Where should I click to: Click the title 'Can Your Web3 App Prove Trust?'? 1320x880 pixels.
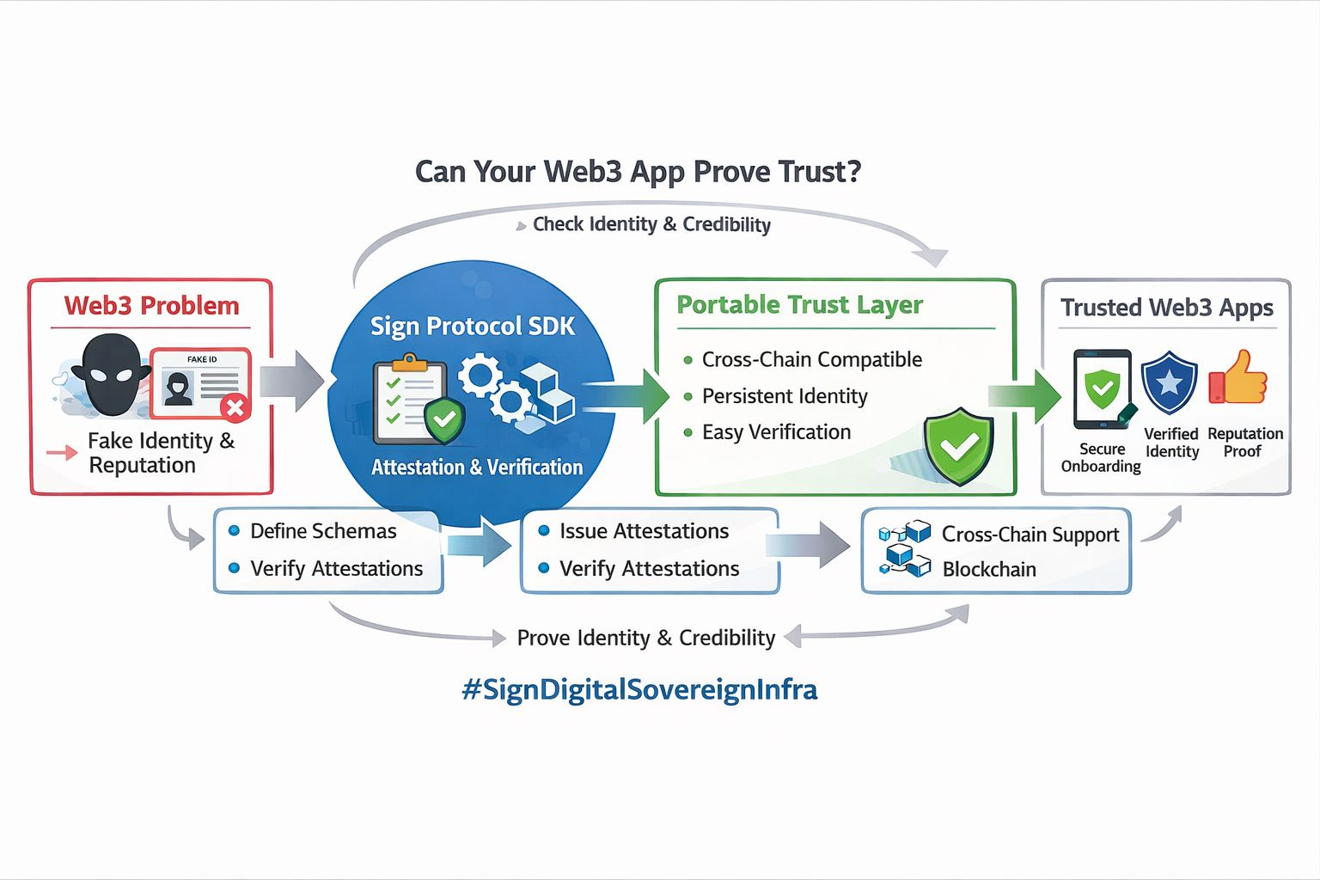pyautogui.click(x=638, y=172)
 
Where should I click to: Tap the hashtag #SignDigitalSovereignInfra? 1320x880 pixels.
pyautogui.click(x=639, y=689)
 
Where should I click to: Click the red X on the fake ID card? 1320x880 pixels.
pyautogui.click(x=235, y=406)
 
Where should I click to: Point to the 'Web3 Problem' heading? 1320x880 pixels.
pyautogui.click(x=151, y=306)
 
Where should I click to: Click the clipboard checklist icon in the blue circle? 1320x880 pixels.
pyautogui.click(x=410, y=399)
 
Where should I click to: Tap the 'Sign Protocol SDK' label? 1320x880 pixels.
pyautogui.click(x=472, y=327)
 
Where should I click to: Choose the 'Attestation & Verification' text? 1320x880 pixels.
pyautogui.click(x=477, y=467)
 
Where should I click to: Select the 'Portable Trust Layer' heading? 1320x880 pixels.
pyautogui.click(x=799, y=305)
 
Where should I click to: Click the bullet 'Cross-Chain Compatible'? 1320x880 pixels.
pyautogui.click(x=811, y=359)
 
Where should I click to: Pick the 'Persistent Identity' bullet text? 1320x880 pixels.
pyautogui.click(x=784, y=396)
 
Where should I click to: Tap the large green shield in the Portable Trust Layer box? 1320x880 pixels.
pyautogui.click(x=958, y=445)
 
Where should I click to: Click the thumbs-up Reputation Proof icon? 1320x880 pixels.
pyautogui.click(x=1238, y=378)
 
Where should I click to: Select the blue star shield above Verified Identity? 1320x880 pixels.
pyautogui.click(x=1169, y=383)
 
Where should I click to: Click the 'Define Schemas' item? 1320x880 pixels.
pyautogui.click(x=323, y=531)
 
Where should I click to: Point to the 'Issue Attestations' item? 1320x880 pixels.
pyautogui.click(x=644, y=531)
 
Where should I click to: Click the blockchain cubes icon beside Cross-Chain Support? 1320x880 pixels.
pyautogui.click(x=905, y=548)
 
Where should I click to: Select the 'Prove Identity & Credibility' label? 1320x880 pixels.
pyautogui.click(x=645, y=638)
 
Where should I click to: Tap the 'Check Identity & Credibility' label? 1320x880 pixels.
pyautogui.click(x=651, y=224)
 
